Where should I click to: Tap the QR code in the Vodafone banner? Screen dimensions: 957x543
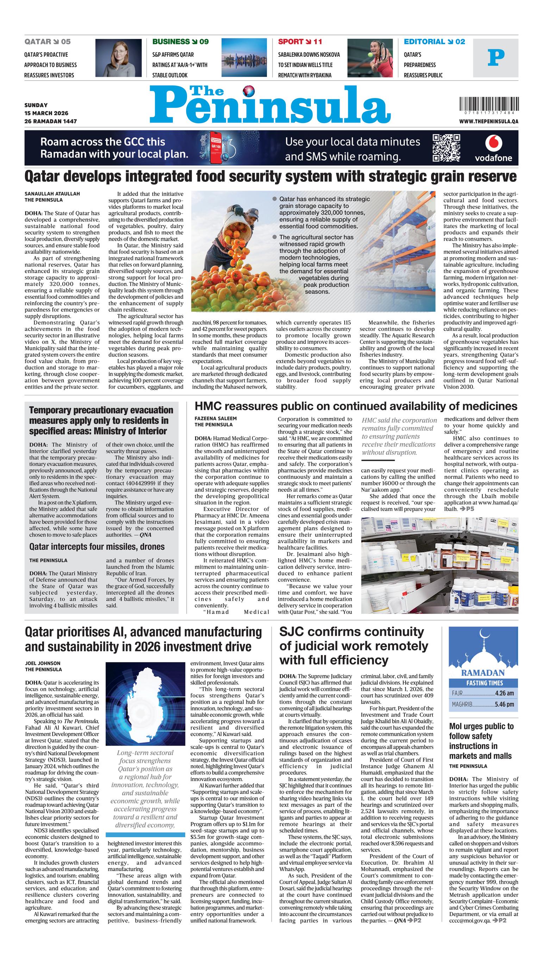click(447, 148)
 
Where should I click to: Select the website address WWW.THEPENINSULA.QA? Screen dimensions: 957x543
click(488, 122)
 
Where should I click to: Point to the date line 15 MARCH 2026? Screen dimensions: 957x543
click(46, 113)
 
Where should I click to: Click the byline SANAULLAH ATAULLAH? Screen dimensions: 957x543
click(52, 194)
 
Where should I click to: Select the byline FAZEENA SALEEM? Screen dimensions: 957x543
click(216, 418)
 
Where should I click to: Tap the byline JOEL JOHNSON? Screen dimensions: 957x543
click(43, 663)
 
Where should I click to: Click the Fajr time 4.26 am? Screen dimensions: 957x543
click(504, 693)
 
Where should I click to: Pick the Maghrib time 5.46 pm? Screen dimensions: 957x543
click(504, 704)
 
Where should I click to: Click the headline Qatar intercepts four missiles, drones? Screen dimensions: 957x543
click(97, 547)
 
